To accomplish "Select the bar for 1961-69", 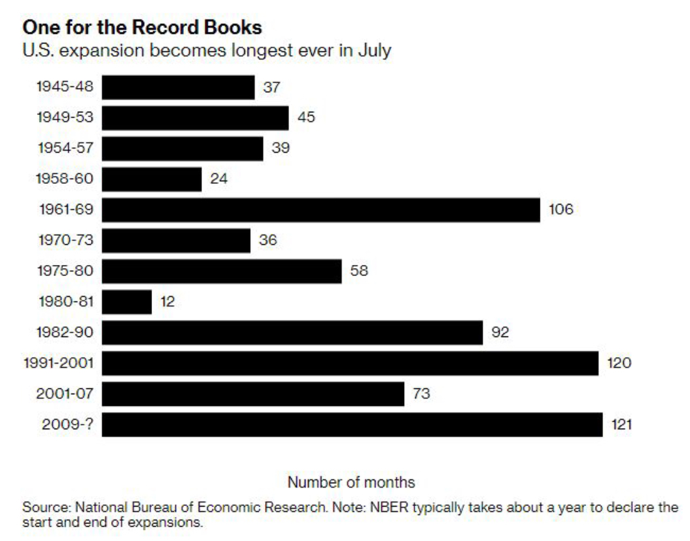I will pyautogui.click(x=321, y=210).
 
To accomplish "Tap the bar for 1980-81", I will pyautogui.click(x=127, y=302).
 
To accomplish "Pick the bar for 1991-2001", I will pyautogui.click(x=350, y=363).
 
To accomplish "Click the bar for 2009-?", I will pyautogui.click(x=352, y=425).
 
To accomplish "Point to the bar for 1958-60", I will pyautogui.click(x=152, y=179).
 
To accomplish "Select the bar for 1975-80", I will pyautogui.click(x=222, y=271).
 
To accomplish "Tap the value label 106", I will pyautogui.click(x=561, y=210).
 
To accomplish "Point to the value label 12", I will pyautogui.click(x=168, y=302).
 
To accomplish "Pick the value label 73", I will pyautogui.click(x=422, y=394).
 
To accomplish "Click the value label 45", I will pyautogui.click(x=305, y=118).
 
